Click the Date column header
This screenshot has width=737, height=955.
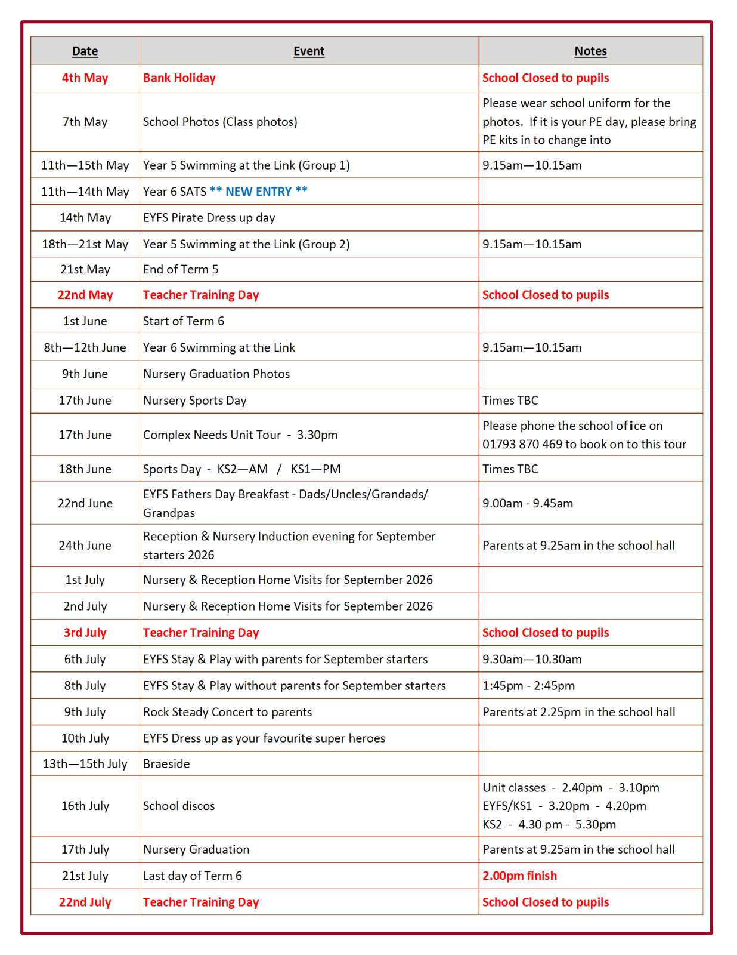click(x=85, y=51)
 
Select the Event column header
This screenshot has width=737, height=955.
click(x=308, y=51)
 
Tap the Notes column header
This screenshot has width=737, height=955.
click(x=590, y=51)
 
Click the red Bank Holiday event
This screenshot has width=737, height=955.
click(x=179, y=78)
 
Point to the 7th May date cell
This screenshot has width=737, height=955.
click(x=85, y=122)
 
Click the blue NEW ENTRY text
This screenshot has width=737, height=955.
click(x=258, y=192)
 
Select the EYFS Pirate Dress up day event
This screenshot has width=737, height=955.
click(x=209, y=218)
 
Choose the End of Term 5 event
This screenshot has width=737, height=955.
click(x=181, y=270)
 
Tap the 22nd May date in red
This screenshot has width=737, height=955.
click(x=85, y=295)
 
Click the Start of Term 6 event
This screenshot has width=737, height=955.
click(x=184, y=321)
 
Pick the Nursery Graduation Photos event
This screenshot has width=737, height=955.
click(x=216, y=374)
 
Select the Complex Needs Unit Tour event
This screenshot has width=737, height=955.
click(x=240, y=435)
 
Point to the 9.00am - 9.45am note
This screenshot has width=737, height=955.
click(x=528, y=504)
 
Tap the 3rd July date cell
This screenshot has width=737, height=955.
click(x=85, y=633)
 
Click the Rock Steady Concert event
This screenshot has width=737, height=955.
click(x=227, y=713)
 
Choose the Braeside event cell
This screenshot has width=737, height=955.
click(x=166, y=764)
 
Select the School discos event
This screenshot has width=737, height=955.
click(x=179, y=806)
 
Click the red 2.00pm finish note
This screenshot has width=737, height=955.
click(x=519, y=876)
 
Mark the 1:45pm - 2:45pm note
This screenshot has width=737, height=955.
click(x=528, y=686)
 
